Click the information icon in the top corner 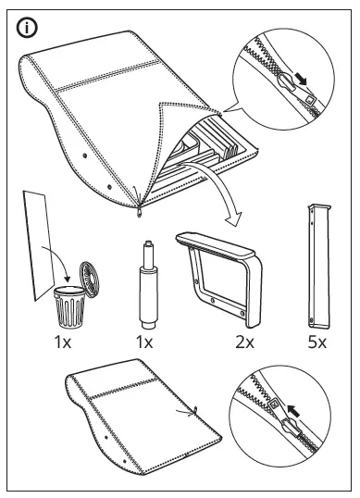click(x=27, y=28)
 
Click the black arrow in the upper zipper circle click(x=301, y=79)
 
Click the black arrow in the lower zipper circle click(x=293, y=412)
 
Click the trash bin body click(x=69, y=306)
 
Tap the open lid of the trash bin click(x=89, y=280)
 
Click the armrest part click(x=219, y=277)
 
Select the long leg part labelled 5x click(x=319, y=267)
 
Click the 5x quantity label click(x=317, y=342)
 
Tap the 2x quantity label click(x=244, y=342)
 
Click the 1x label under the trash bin click(x=63, y=342)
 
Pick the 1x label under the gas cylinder click(x=144, y=342)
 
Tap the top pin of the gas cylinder click(x=148, y=245)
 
